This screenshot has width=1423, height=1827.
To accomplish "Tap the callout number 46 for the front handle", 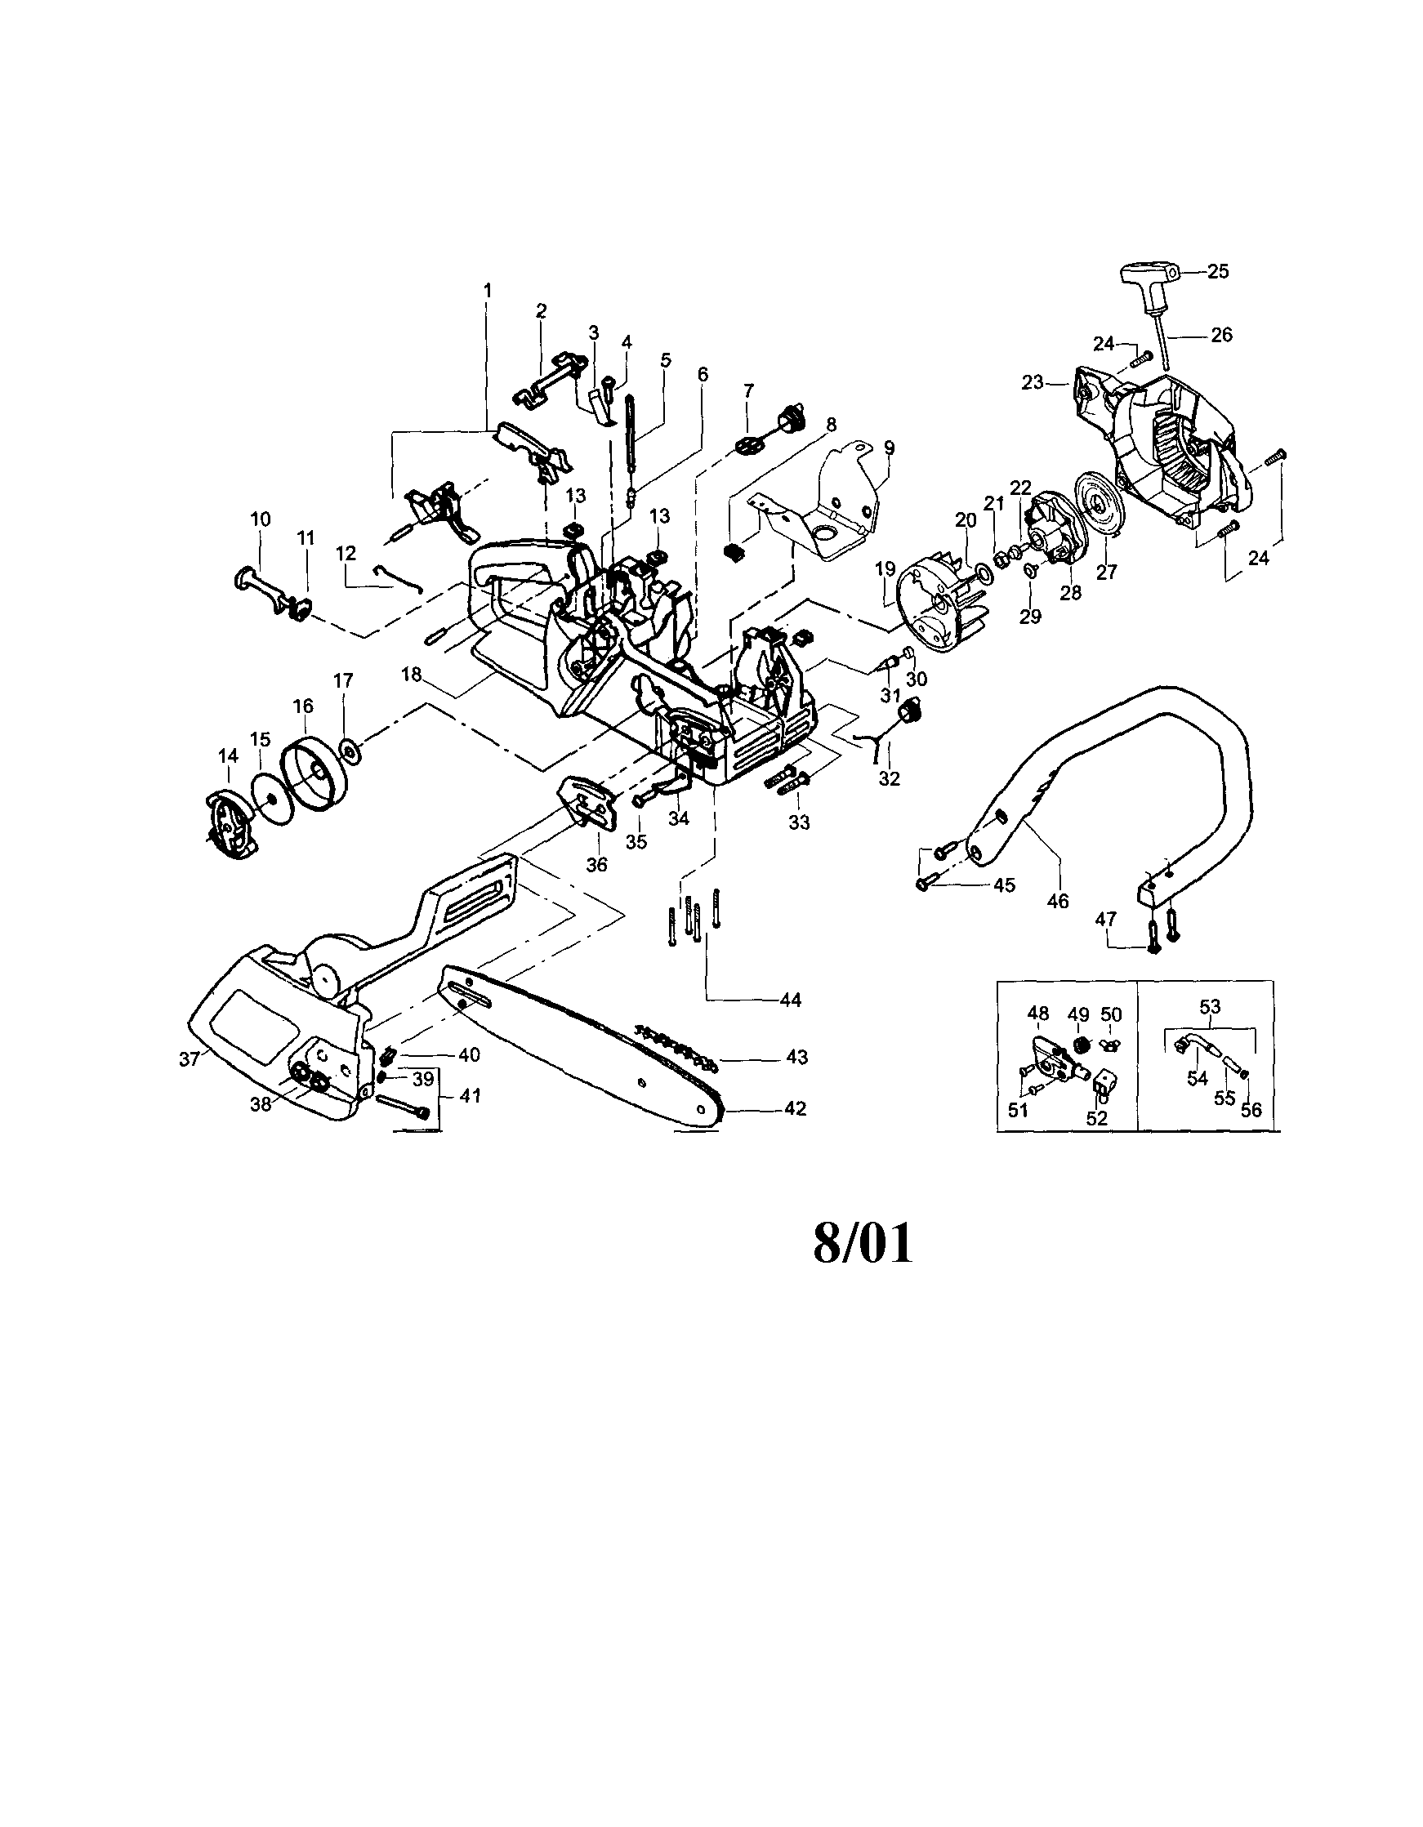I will coord(1057,901).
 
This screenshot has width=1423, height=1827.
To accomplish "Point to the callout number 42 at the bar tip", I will coord(795,1108).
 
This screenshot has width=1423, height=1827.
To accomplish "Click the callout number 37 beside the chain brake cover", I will coord(189,1059).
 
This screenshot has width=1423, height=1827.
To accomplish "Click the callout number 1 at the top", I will coord(488,290).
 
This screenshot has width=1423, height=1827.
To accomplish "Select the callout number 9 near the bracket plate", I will coord(889,448).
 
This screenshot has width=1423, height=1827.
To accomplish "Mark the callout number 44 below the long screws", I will coord(790,1000).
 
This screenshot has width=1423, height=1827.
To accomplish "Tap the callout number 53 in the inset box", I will coord(1210,1006).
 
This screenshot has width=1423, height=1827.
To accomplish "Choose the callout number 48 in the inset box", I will coord(1037,1014).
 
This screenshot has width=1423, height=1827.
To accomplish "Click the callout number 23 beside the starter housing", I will coord(1033,382).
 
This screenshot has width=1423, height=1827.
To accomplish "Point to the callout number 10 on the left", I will coord(260,519).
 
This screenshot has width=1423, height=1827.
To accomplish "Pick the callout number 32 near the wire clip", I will coord(889,778).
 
